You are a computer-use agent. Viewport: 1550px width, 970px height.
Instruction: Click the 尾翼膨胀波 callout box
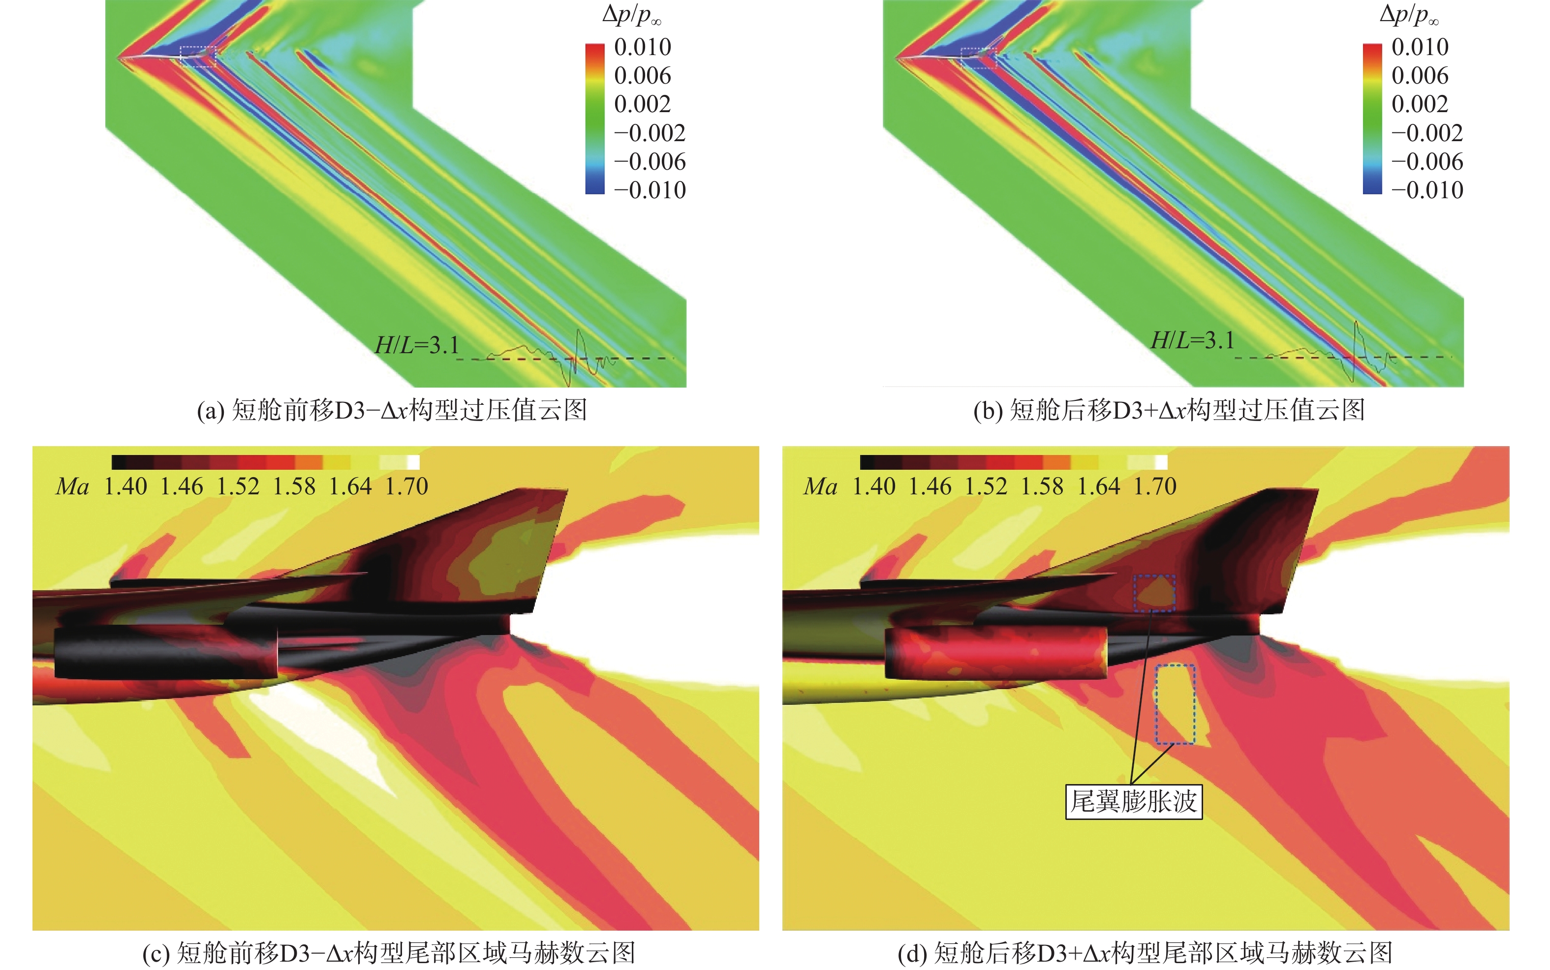[x=1133, y=801]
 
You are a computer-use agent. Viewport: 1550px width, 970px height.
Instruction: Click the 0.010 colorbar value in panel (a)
[x=642, y=47]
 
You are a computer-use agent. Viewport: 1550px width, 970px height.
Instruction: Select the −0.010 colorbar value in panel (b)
[x=1427, y=190]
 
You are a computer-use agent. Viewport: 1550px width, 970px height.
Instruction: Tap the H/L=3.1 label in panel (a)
[x=417, y=345]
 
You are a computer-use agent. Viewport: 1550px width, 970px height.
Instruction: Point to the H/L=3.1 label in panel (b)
[x=1193, y=340]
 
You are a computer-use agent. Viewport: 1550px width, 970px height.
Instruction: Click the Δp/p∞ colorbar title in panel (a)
[x=631, y=15]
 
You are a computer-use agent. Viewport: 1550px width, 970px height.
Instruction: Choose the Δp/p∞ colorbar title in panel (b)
[x=1409, y=15]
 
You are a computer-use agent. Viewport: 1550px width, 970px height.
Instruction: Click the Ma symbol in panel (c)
[x=72, y=487]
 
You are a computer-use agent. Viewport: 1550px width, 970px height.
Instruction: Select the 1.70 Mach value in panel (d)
[x=1155, y=487]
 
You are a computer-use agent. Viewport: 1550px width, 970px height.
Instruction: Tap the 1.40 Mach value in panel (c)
[x=126, y=487]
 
